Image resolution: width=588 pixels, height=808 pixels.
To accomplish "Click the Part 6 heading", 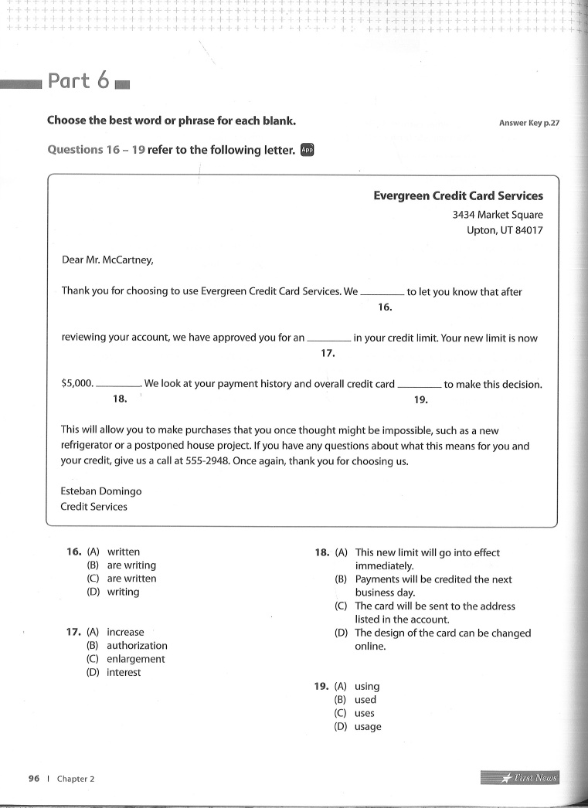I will tap(79, 81).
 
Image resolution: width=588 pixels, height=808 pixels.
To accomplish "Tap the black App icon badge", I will tap(307, 150).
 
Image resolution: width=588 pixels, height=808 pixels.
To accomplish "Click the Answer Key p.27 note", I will tap(529, 123).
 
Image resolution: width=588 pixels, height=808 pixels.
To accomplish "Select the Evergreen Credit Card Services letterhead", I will tap(457, 196).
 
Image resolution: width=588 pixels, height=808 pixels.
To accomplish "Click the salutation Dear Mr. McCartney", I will tap(107, 260).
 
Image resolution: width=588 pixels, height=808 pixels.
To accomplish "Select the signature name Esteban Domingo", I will tap(100, 491).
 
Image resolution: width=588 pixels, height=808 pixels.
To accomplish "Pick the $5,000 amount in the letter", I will tap(76, 384).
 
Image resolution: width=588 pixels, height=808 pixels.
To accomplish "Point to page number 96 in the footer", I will tap(33, 779).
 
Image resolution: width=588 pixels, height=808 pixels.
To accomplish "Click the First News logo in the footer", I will tap(518, 777).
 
